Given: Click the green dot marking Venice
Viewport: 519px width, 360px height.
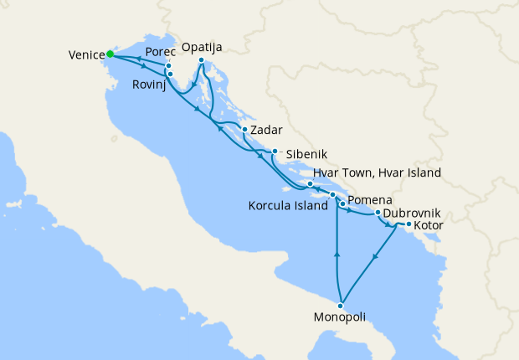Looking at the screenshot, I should coord(110,54).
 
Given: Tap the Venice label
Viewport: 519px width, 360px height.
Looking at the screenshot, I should coord(86,56).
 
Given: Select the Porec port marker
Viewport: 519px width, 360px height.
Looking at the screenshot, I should coord(168,66).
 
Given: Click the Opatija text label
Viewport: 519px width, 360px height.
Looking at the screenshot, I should coord(203,47).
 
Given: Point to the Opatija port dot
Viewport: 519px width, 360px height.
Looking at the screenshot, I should coord(202,60).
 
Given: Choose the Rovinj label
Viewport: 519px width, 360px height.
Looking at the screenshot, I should coord(151,85).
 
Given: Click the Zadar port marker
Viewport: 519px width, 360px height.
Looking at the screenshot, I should coord(244,129).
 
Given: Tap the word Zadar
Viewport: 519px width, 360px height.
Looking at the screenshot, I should coord(266,130).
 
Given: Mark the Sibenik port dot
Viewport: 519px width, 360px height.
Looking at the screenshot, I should coord(275,152).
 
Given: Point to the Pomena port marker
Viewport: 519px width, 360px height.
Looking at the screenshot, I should coord(342,204).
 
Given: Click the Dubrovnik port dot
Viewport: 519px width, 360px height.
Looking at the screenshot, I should coord(378,213).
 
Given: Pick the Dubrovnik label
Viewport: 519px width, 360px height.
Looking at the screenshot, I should coord(412,213).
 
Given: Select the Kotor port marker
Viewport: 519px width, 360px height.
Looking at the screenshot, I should coord(408,224).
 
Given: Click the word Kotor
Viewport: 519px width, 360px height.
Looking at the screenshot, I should coord(429,226).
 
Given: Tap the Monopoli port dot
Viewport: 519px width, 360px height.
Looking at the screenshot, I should coord(341,305).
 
